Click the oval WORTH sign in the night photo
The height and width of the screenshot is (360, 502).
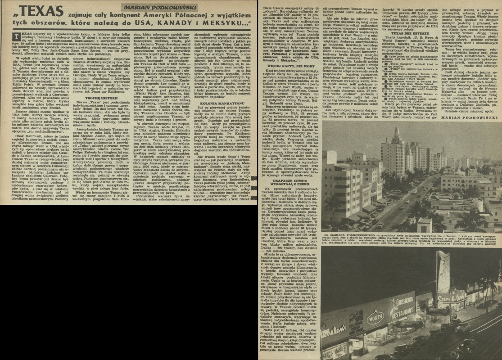(x=374, y=318)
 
